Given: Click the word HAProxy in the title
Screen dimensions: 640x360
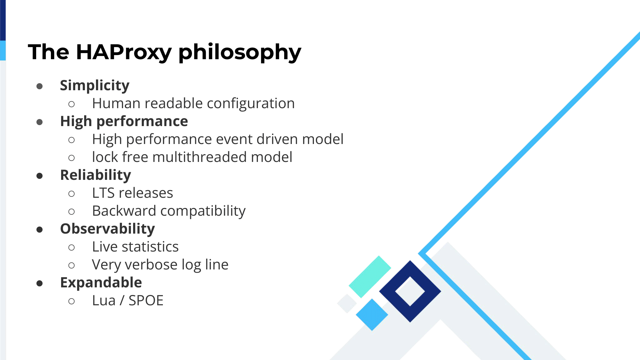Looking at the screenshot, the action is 124,52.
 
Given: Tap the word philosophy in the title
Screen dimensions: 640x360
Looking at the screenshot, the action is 240,52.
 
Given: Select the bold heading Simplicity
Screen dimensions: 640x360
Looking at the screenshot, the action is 95,86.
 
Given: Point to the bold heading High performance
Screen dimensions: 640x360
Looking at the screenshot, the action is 124,122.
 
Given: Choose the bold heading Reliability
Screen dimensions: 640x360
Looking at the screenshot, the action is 96,175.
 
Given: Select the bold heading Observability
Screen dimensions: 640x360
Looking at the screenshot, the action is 108,229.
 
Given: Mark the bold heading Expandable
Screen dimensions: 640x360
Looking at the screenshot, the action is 101,283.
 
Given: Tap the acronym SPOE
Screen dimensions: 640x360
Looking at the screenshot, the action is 146,300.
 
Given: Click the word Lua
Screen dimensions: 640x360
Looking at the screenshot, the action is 104,300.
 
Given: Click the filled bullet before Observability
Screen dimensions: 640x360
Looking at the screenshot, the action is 40,229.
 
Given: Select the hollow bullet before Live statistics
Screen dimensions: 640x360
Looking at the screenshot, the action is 72,247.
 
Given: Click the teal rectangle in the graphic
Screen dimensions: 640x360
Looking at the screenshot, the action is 370,277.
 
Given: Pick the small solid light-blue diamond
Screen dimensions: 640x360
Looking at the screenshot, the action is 372,315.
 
